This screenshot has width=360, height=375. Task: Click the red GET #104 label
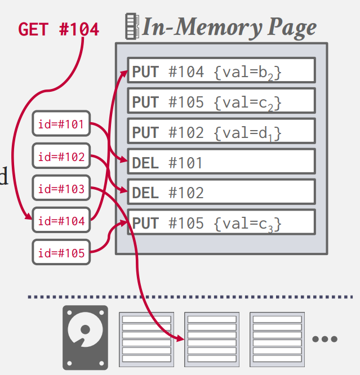[59, 29]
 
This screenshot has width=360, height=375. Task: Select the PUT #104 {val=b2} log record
[221, 71]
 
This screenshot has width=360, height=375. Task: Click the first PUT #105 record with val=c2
[221, 102]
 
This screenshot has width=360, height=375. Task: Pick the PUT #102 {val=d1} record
[221, 132]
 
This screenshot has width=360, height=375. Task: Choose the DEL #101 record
[221, 163]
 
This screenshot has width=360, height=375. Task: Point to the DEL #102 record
[221, 193]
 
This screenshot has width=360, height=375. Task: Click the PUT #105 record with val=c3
[221, 224]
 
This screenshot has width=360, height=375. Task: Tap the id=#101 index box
[61, 124]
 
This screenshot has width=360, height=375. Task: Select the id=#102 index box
[61, 157]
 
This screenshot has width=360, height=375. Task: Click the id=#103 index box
[61, 189]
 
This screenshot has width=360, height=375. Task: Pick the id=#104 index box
[61, 221]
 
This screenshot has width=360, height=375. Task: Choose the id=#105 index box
[61, 253]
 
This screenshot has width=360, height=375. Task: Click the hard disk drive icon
[85, 337]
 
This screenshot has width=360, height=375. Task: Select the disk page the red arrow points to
[212, 337]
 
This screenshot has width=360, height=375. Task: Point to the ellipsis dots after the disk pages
[325, 339]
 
